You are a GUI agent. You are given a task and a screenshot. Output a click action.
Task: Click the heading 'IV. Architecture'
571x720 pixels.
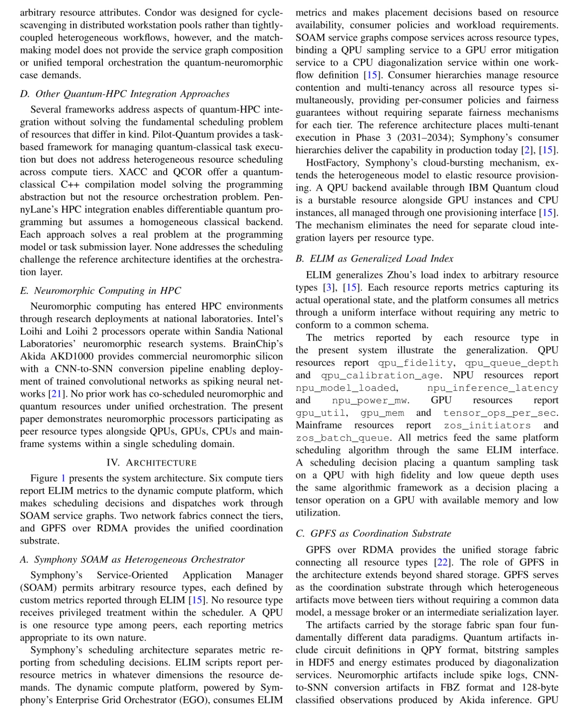(151, 463)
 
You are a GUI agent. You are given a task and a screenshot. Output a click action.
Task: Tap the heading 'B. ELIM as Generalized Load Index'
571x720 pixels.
(374, 259)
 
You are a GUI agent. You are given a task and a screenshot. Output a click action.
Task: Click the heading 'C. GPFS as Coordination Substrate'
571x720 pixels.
(373, 534)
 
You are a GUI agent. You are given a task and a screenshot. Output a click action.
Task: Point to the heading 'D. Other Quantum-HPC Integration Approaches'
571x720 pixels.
(124, 94)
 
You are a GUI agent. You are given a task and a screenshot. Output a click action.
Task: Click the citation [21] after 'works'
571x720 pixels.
(55, 394)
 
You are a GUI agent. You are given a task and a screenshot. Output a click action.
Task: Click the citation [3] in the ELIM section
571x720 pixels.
(329, 288)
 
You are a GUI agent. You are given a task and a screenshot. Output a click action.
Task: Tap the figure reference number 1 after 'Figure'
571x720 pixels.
(63, 478)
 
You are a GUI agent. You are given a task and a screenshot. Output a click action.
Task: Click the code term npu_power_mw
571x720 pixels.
(370, 401)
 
